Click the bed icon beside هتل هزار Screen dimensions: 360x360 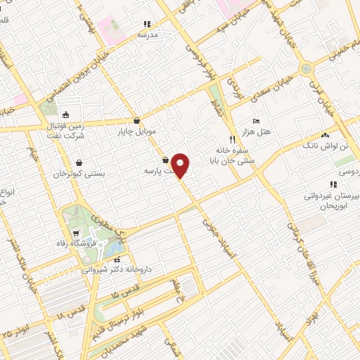tap(255, 121)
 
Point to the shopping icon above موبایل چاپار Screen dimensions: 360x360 tap(136, 120)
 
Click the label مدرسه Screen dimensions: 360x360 tap(148, 34)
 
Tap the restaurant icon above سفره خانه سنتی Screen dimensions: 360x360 tap(232, 139)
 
